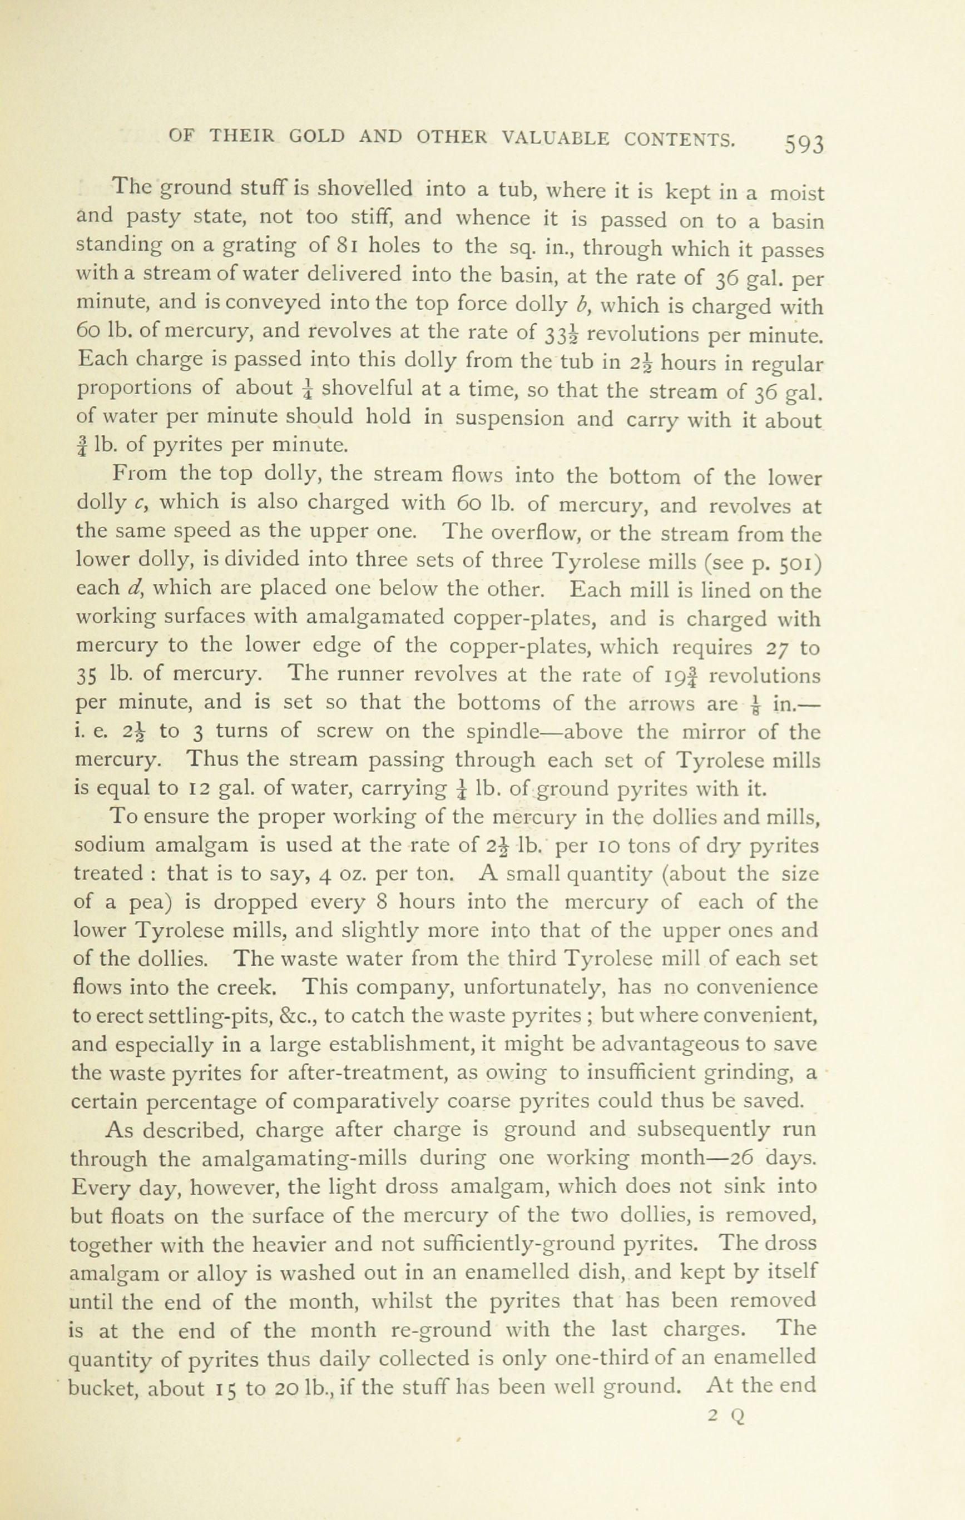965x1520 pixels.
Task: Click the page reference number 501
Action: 799,561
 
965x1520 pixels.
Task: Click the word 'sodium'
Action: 113,846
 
